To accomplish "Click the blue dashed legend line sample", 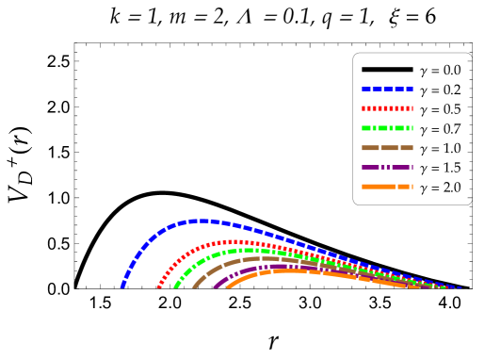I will coord(387,89).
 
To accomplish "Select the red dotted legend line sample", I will coord(387,108).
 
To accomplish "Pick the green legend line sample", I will coord(387,128).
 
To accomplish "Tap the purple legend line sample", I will coord(387,167).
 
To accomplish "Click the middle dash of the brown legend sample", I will coord(389,148).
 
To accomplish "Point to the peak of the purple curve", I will coord(279,266).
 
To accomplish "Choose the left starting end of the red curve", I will coord(158,286).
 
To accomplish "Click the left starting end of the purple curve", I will coord(215,286).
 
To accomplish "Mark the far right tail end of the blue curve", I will coord(460,287).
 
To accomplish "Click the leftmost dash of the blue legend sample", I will coord(365,89).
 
